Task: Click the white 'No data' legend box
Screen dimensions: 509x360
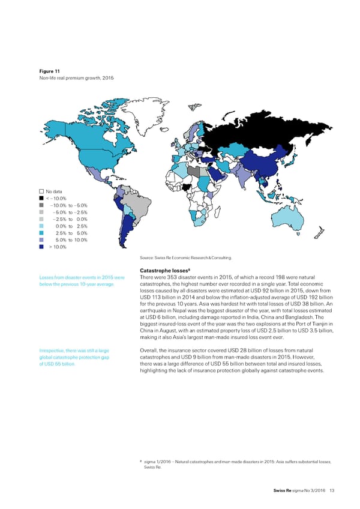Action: [41, 192]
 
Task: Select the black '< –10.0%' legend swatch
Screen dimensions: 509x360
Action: [41, 199]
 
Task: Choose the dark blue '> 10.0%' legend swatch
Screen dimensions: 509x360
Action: [41, 246]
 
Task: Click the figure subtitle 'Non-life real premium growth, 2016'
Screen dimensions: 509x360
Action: [73, 79]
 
